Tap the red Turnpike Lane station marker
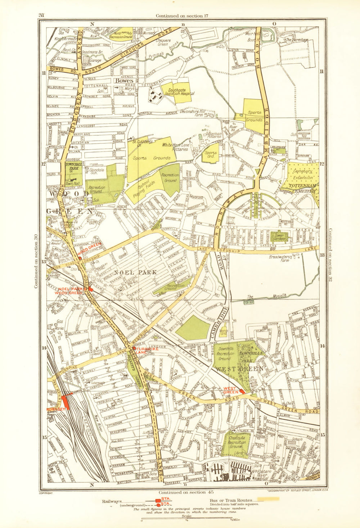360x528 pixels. click(x=134, y=348)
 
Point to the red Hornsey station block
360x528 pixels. click(x=65, y=401)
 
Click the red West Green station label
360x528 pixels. click(x=231, y=390)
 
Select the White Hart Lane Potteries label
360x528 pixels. click(x=180, y=147)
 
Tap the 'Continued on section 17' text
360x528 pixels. click(x=182, y=15)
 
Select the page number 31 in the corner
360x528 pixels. click(x=41, y=15)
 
